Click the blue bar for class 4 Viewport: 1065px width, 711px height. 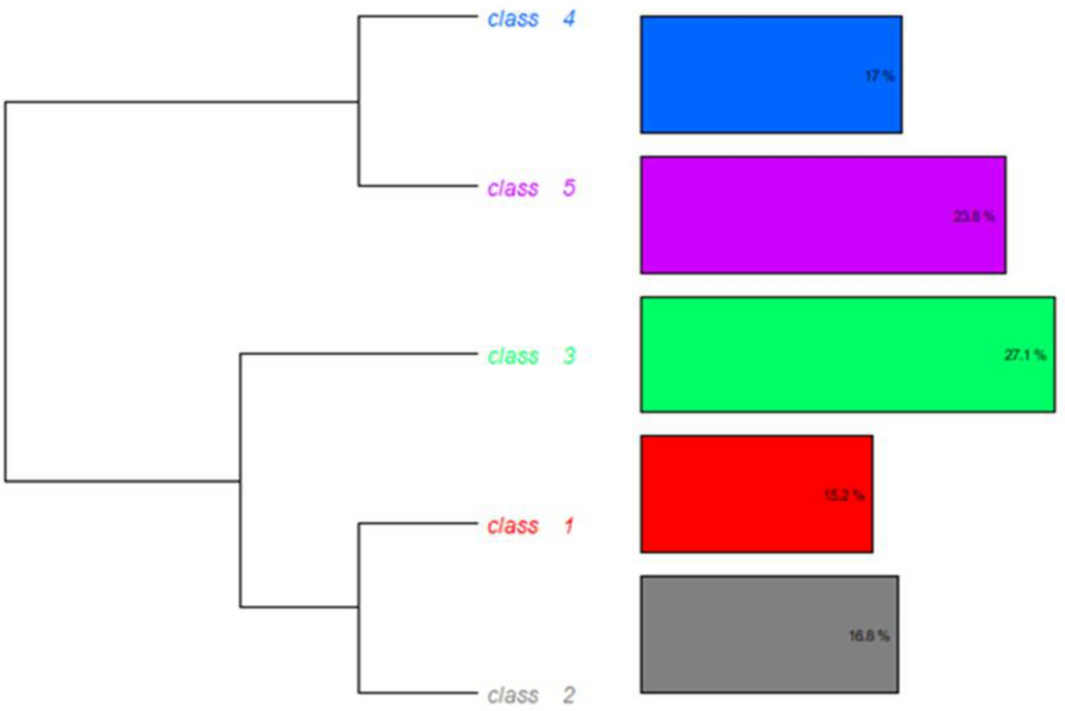(x=753, y=75)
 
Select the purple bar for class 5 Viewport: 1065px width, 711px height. (x=796, y=215)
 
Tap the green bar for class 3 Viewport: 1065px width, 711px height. (x=817, y=354)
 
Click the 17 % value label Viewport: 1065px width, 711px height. (x=880, y=76)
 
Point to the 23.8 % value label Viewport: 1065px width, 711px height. (x=974, y=216)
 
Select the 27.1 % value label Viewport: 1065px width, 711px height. (x=1025, y=355)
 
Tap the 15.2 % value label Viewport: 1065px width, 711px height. (x=844, y=495)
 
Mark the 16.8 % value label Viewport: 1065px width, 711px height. (x=869, y=636)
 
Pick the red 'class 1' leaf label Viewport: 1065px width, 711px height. (x=529, y=526)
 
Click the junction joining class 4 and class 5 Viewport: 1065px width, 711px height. (x=359, y=102)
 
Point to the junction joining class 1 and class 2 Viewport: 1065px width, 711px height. (x=359, y=607)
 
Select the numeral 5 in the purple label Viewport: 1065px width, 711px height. (x=568, y=188)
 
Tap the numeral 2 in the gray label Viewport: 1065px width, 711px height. (x=568, y=695)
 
